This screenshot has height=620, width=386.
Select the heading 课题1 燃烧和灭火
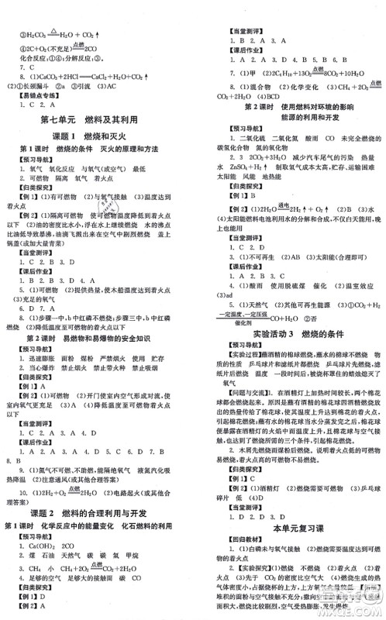pos(96,135)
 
